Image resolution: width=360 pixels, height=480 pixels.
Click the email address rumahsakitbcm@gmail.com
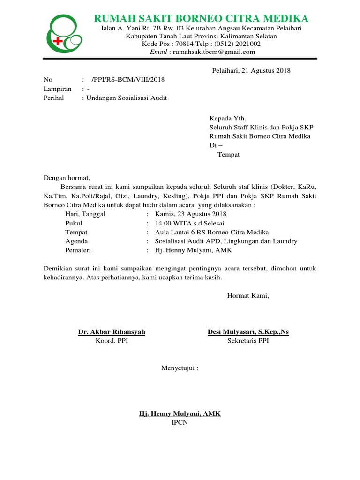[214, 52]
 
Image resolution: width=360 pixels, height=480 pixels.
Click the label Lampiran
[58, 89]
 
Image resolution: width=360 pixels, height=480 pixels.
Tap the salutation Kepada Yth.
[227, 118]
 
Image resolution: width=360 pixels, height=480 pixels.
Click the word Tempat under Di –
[228, 155]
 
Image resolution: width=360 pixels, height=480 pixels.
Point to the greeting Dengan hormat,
[66, 178]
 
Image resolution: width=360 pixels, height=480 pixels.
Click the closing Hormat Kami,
[248, 295]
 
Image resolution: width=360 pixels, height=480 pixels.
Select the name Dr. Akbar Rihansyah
[112, 332]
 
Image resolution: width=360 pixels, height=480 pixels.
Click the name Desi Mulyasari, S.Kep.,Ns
[248, 332]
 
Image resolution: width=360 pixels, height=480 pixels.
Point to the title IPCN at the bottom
[180, 422]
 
